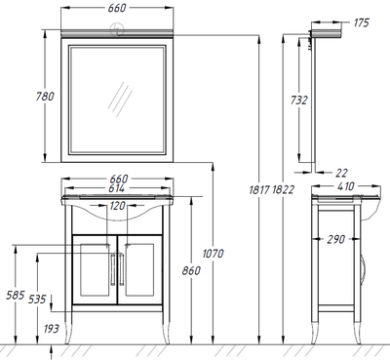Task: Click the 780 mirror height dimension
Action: [45, 97]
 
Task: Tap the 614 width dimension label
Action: [117, 188]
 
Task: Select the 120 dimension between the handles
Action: [117, 206]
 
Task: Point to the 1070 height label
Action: [214, 254]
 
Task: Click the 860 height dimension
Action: [191, 270]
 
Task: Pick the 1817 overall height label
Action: [259, 189]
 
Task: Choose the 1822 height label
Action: [283, 189]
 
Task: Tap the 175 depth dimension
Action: [362, 22]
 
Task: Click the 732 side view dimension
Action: [298, 100]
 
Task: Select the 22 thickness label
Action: [341, 173]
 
